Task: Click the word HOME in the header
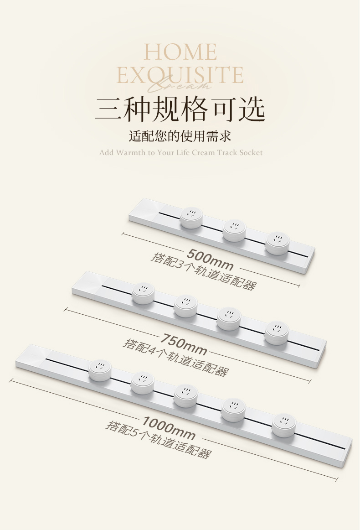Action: pyautogui.click(x=180, y=52)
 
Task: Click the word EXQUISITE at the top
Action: pyautogui.click(x=180, y=74)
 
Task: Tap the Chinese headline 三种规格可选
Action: pyautogui.click(x=180, y=109)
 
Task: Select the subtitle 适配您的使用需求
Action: pyautogui.click(x=180, y=136)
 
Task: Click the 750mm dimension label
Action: pyautogui.click(x=184, y=344)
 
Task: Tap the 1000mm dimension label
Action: pyautogui.click(x=169, y=428)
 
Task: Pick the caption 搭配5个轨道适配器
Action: pyautogui.click(x=159, y=440)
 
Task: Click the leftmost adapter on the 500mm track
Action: pyautogui.click(x=191, y=218)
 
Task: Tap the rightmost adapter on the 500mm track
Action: pyautogui.click(x=277, y=243)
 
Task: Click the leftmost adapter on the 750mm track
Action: pyautogui.click(x=144, y=293)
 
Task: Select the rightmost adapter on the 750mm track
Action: pyautogui.click(x=276, y=332)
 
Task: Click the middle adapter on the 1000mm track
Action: pyautogui.click(x=185, y=396)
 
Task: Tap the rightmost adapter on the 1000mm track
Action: pyautogui.click(x=284, y=425)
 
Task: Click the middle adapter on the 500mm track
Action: pyautogui.click(x=234, y=230)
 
